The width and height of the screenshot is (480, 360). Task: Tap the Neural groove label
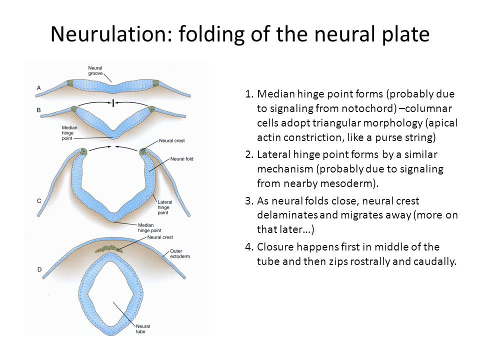[95, 70]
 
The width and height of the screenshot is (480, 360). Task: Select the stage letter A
[39, 88]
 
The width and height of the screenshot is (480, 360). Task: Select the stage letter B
[39, 110]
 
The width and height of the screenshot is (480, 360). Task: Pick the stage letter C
[39, 201]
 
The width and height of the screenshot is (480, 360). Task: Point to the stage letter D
[39, 269]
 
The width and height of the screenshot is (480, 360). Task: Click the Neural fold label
[182, 159]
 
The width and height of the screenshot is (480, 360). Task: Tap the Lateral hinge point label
[164, 207]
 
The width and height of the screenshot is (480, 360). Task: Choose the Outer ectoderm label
[180, 254]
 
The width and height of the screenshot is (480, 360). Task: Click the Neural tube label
[142, 329]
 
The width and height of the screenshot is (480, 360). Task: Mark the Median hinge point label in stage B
[69, 133]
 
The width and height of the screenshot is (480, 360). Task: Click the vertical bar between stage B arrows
[113, 103]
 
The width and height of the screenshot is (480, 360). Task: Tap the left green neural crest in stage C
[83, 151]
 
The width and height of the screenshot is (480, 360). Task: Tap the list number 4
[248, 247]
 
